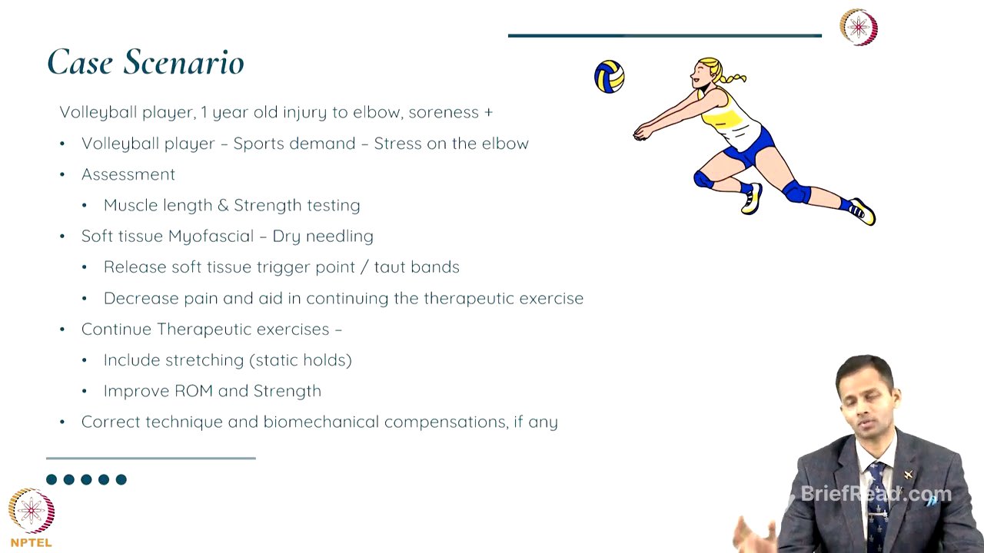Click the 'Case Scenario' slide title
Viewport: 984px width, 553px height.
[145, 62]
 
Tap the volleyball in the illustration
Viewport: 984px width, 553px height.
[609, 77]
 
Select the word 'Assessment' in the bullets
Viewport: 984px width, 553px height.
[128, 174]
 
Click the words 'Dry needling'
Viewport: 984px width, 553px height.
[323, 236]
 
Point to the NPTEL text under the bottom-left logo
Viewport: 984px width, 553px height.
[32, 542]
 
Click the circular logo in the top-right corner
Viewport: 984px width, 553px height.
[859, 28]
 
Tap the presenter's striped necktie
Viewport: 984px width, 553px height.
[876, 499]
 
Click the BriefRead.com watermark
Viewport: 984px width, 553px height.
[876, 493]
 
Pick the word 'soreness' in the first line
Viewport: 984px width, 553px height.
[444, 112]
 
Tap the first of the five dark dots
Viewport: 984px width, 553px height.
[52, 479]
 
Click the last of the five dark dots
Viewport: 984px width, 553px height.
[121, 479]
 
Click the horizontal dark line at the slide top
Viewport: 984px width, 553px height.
[664, 35]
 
